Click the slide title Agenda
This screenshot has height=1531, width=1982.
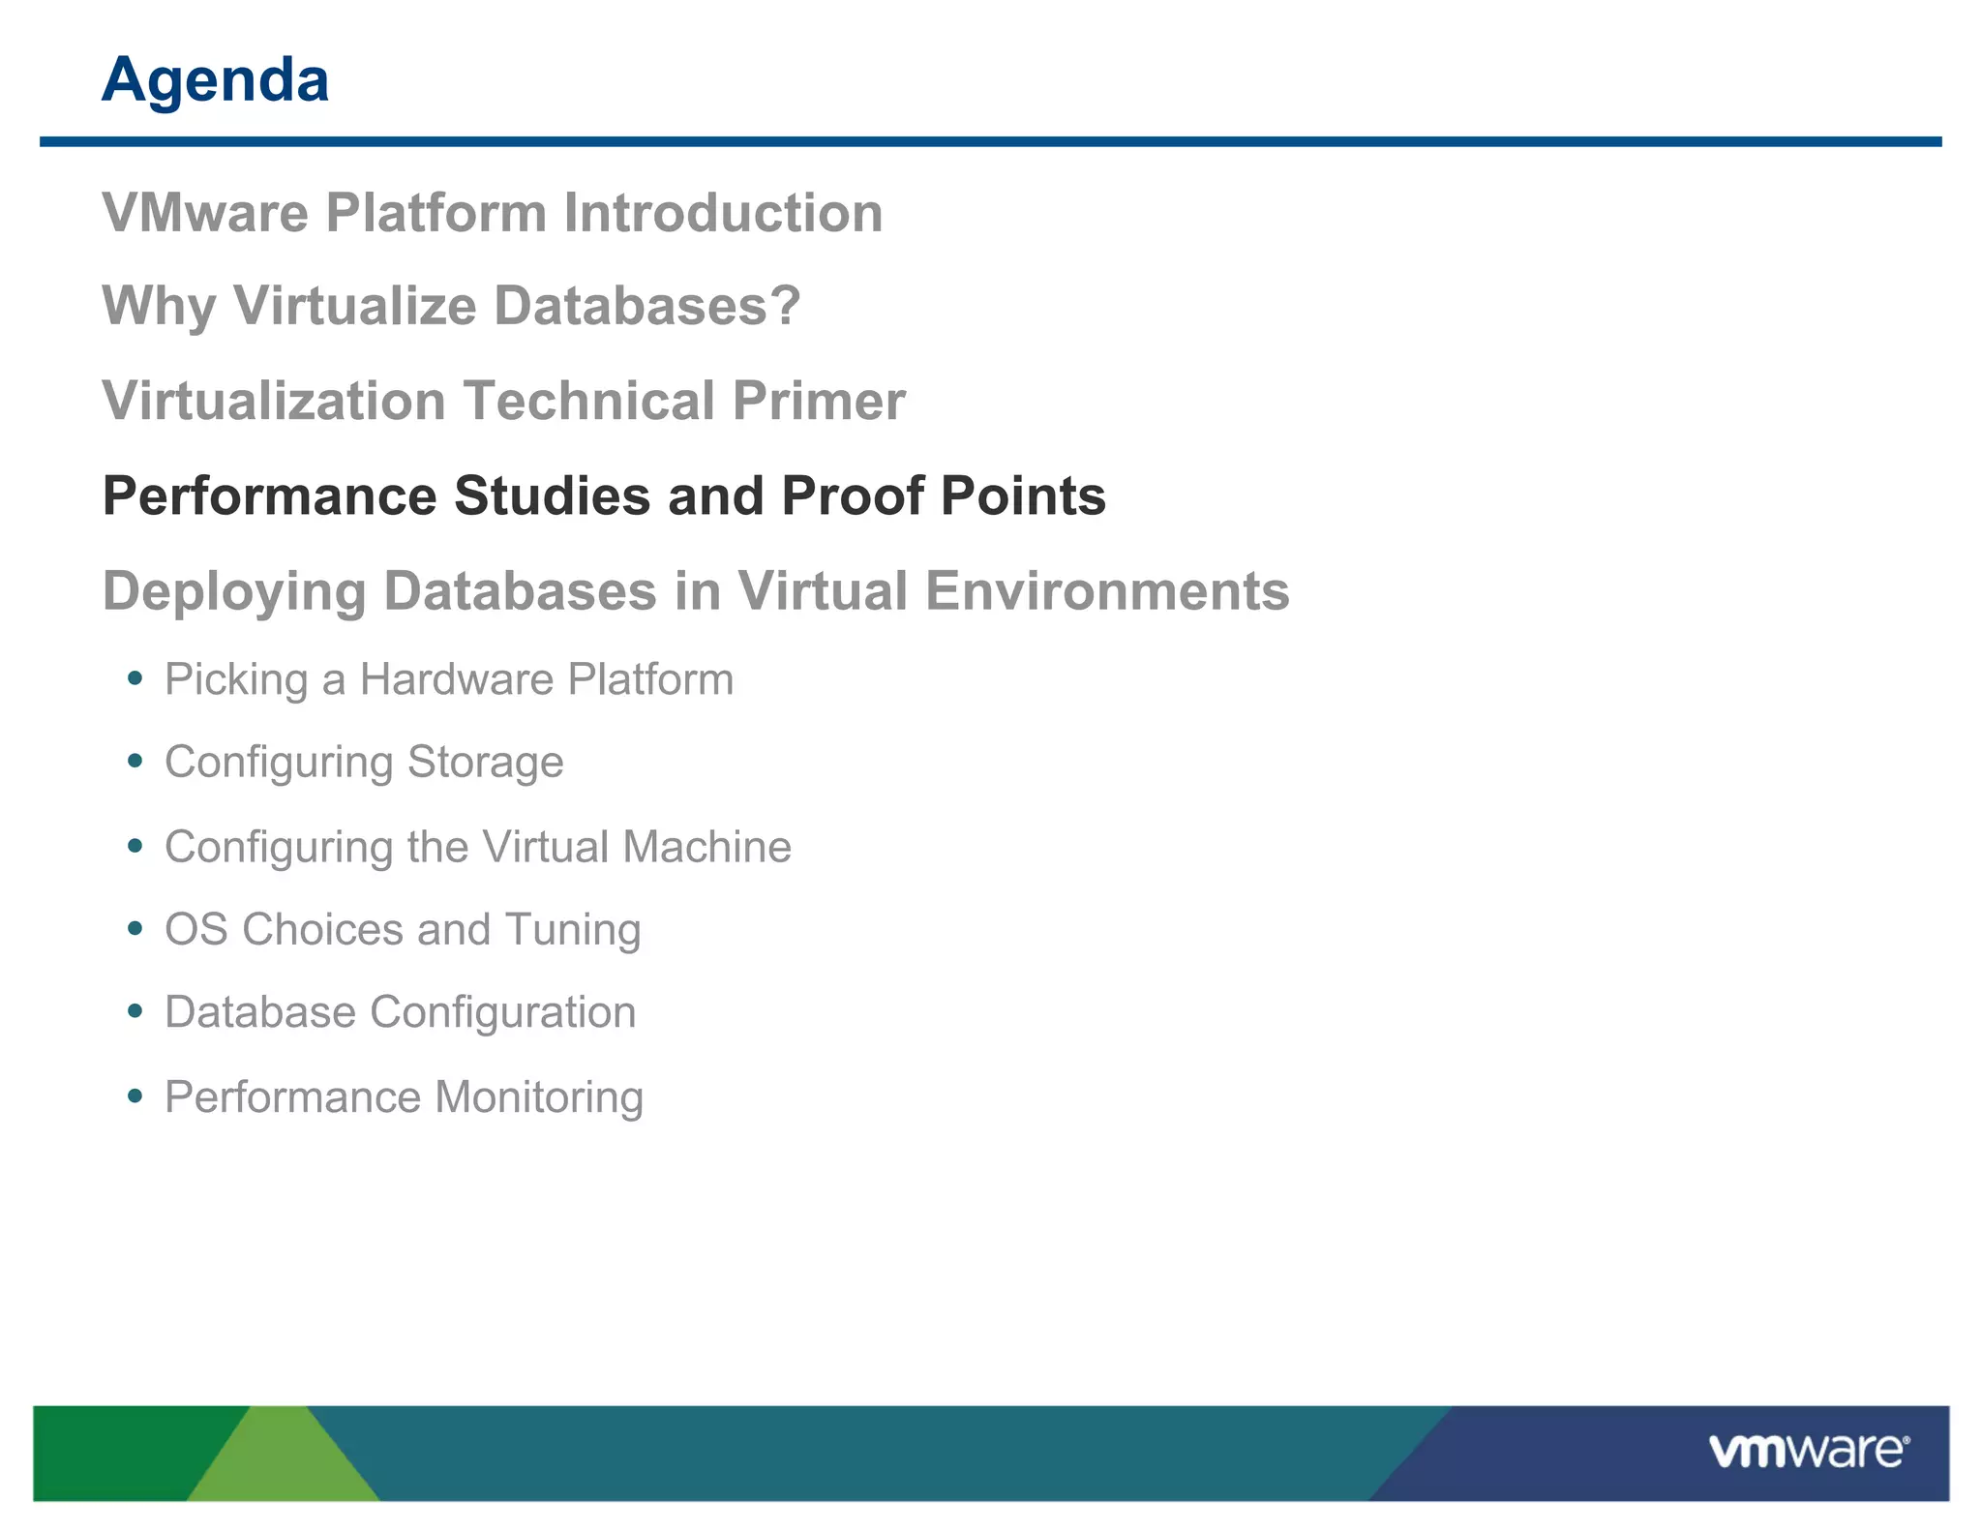pyautogui.click(x=215, y=79)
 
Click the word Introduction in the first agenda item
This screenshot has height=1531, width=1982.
pyautogui.click(x=723, y=213)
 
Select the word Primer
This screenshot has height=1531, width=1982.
pyautogui.click(x=819, y=401)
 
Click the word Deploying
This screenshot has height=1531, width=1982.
pyautogui.click(x=233, y=591)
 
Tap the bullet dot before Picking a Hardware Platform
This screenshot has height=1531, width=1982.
pyautogui.click(x=135, y=678)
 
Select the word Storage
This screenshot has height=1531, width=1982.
pyautogui.click(x=485, y=763)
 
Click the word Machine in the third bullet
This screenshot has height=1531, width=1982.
pyautogui.click(x=706, y=847)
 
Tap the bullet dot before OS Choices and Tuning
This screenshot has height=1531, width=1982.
pyautogui.click(x=135, y=929)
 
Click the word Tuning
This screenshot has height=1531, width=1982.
pyautogui.click(x=572, y=930)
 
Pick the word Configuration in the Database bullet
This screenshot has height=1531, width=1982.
pyautogui.click(x=502, y=1012)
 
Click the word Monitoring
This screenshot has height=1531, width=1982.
pyautogui.click(x=539, y=1097)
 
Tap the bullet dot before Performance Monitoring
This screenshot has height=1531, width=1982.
pyautogui.click(x=135, y=1096)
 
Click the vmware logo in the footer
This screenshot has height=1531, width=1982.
pyautogui.click(x=1808, y=1452)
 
